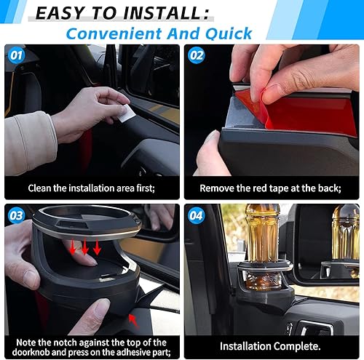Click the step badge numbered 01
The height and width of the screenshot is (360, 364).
(16, 55)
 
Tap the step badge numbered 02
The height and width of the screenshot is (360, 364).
(196, 55)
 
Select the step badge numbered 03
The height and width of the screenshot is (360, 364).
(16, 215)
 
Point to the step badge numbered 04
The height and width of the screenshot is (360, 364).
(196, 215)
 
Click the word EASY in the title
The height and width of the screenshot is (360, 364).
(63, 12)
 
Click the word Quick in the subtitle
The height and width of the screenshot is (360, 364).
(227, 33)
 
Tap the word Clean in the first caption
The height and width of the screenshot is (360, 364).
(42, 188)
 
